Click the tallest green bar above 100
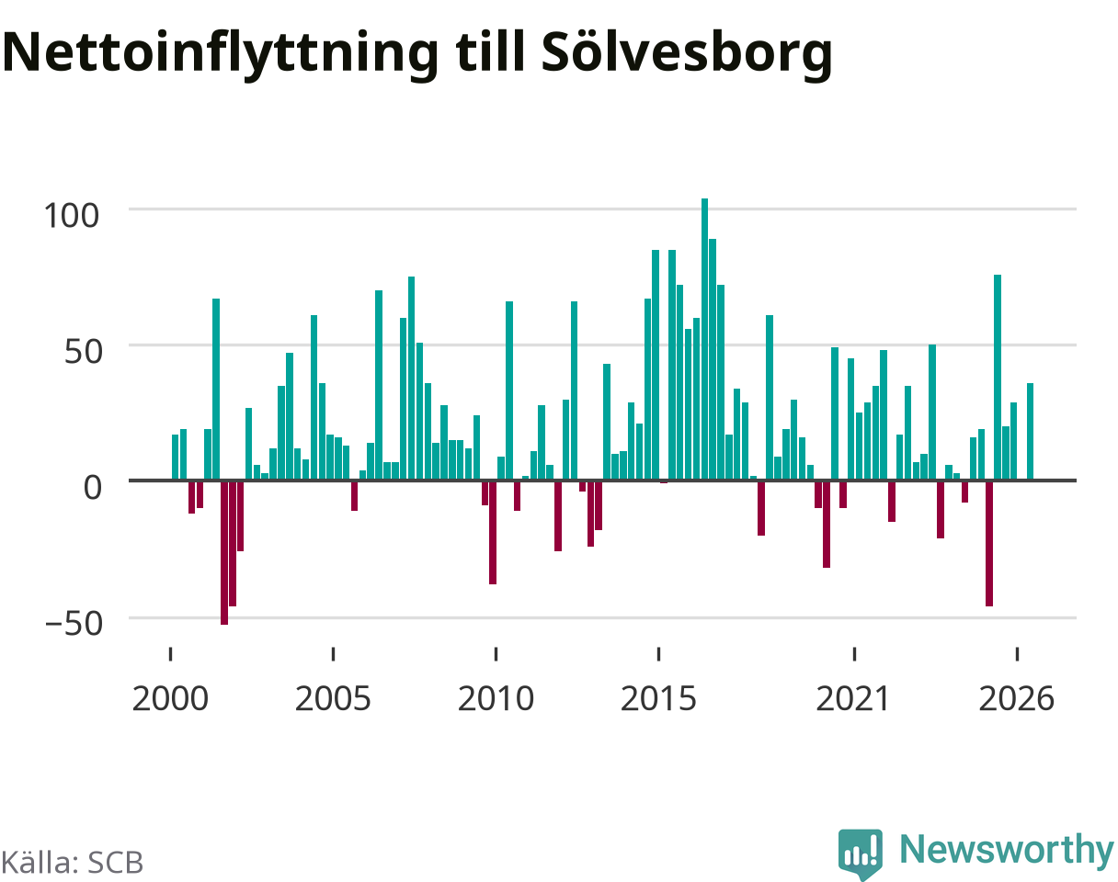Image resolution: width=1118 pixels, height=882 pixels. click(704, 339)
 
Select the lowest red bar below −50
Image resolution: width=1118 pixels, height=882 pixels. click(224, 553)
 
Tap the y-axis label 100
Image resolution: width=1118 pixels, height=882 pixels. click(71, 215)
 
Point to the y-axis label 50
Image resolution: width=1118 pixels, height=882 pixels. click(83, 352)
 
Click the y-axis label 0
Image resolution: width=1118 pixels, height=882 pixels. click(93, 488)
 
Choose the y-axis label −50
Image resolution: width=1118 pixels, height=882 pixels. click(74, 624)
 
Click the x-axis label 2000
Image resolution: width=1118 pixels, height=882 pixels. click(170, 699)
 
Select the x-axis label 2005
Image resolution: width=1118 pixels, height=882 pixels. click(333, 699)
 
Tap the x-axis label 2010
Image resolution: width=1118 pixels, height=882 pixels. click(496, 699)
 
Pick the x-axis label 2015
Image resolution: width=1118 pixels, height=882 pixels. click(658, 699)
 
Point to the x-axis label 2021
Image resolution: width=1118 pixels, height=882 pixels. click(853, 699)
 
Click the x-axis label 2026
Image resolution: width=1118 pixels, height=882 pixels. click(1017, 699)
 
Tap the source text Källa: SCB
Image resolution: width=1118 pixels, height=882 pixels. click(73, 863)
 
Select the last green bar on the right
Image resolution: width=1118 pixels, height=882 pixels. click(1030, 432)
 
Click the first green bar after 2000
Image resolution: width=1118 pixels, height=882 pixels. click(175, 458)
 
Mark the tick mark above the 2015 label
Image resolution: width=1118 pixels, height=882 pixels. click(658, 653)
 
